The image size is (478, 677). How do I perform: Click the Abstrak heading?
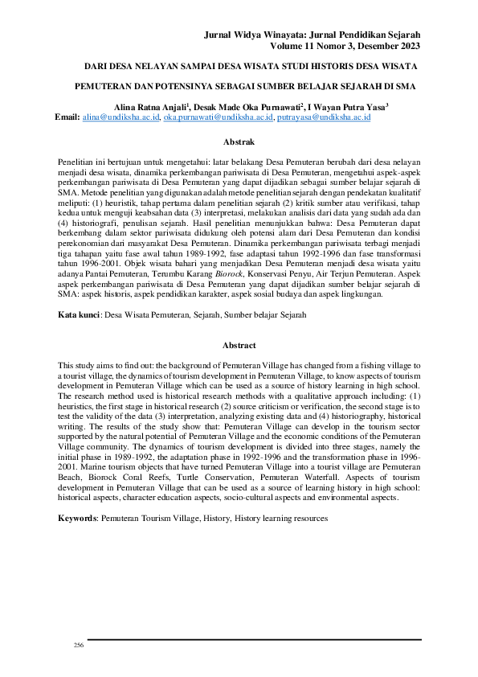point(239,142)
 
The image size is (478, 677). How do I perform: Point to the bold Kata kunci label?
point(78,293)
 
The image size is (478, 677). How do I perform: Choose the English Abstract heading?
point(239,347)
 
